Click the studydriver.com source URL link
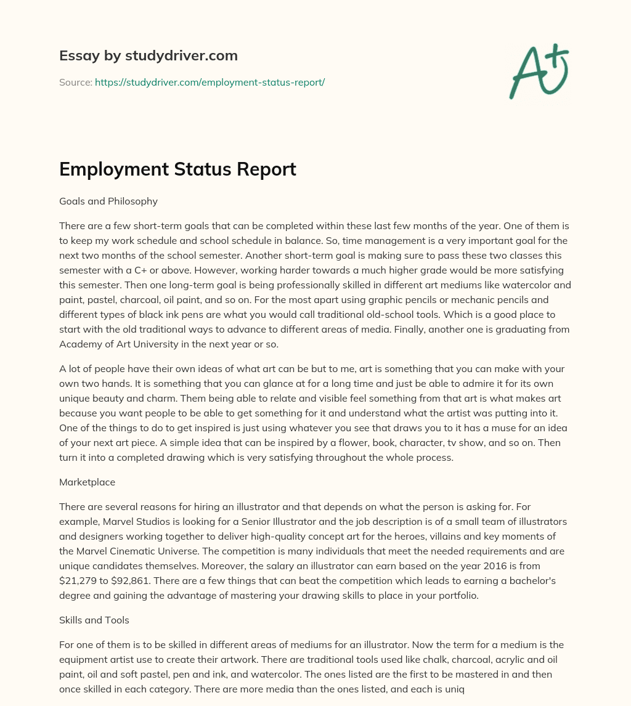click(210, 82)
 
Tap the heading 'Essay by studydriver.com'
click(149, 55)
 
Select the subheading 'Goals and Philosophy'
click(108, 201)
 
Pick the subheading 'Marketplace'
click(87, 482)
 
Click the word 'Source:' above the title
click(76, 82)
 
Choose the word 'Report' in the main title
click(266, 169)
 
